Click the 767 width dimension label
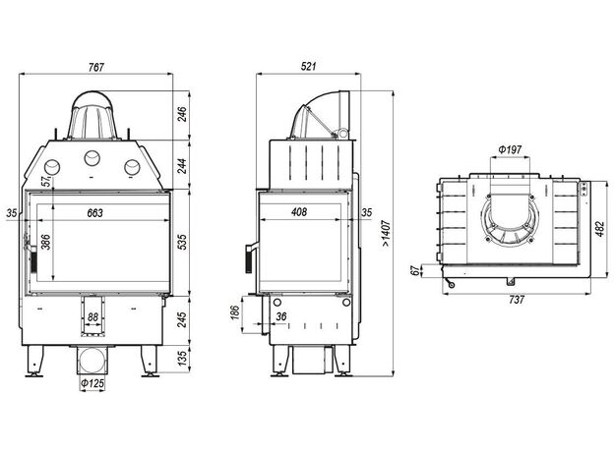[96, 67]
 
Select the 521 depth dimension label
[309, 67]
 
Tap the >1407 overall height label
[386, 234]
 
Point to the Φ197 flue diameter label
[510, 149]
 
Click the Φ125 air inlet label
[92, 383]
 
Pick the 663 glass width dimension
[94, 212]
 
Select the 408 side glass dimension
[299, 212]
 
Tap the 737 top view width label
[517, 300]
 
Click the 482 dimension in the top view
[600, 229]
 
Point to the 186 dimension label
[234, 312]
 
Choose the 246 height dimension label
[182, 114]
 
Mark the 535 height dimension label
[182, 242]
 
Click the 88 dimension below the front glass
[92, 316]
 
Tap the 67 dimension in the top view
[415, 270]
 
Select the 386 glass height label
[46, 242]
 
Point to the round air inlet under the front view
[92, 360]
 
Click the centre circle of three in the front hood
[92, 158]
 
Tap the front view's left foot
[34, 362]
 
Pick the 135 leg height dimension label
[182, 358]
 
